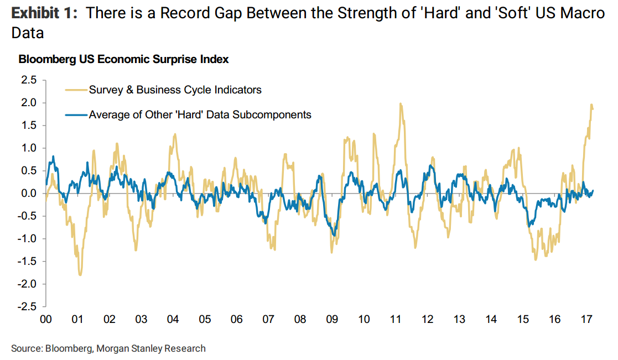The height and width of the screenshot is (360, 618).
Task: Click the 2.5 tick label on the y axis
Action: tap(29, 80)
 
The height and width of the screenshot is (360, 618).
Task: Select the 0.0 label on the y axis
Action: tap(29, 194)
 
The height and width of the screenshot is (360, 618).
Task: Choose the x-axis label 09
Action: tap(332, 320)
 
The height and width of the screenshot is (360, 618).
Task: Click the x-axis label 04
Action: tap(173, 320)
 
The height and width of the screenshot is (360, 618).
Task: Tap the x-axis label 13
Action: tap(459, 320)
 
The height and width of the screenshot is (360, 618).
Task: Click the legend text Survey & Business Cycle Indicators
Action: tap(175, 90)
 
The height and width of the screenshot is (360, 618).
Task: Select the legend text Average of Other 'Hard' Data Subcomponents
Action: tap(200, 115)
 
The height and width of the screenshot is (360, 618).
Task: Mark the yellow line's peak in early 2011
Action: tap(400, 103)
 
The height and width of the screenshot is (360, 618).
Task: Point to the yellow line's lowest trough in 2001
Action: tap(80, 275)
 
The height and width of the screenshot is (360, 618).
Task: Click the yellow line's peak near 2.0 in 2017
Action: tap(591, 105)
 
